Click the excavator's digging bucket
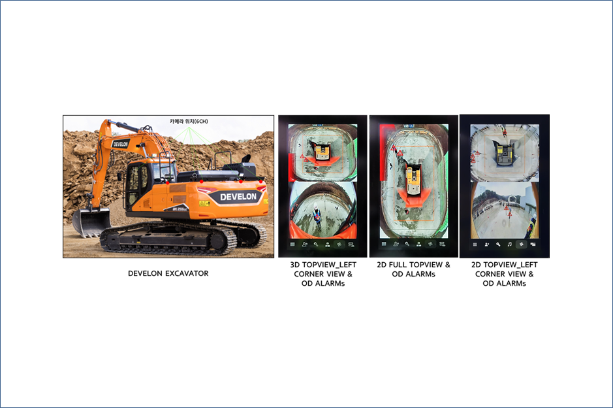point(91,222)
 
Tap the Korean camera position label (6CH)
point(189,122)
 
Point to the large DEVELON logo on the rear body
point(238,197)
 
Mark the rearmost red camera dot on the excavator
point(260,182)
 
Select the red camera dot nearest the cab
point(167,183)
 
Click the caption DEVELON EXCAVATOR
point(168,273)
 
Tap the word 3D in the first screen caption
point(295,265)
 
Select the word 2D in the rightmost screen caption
point(476,265)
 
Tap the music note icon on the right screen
point(509,245)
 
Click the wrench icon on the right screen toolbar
point(498,245)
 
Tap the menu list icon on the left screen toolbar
point(292,245)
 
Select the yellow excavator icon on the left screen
point(322,151)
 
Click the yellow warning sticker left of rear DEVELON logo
point(204,203)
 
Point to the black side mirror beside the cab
point(119,176)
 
